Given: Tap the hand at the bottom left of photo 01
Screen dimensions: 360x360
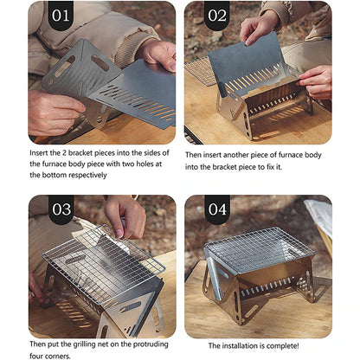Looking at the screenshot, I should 52,112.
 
